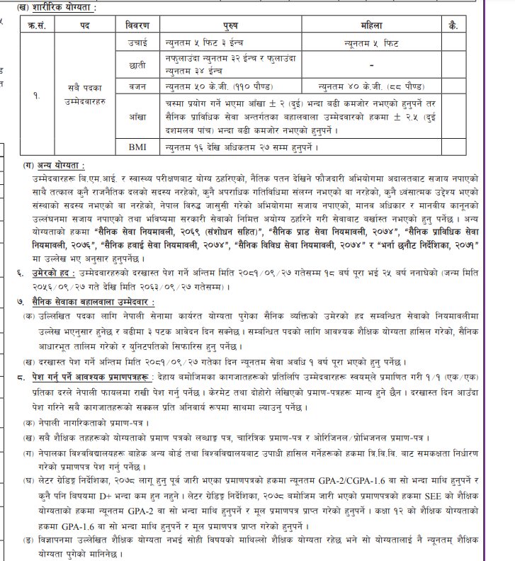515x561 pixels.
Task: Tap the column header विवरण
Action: pyautogui.click(x=138, y=25)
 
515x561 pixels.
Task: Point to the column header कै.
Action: pyautogui.click(x=453, y=25)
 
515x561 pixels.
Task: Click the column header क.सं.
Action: pyautogui.click(x=36, y=25)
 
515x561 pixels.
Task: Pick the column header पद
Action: pyautogui.click(x=84, y=25)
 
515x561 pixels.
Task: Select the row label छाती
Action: pyautogui.click(x=138, y=65)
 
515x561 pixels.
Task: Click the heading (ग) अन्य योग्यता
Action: pyautogui.click(x=54, y=164)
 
